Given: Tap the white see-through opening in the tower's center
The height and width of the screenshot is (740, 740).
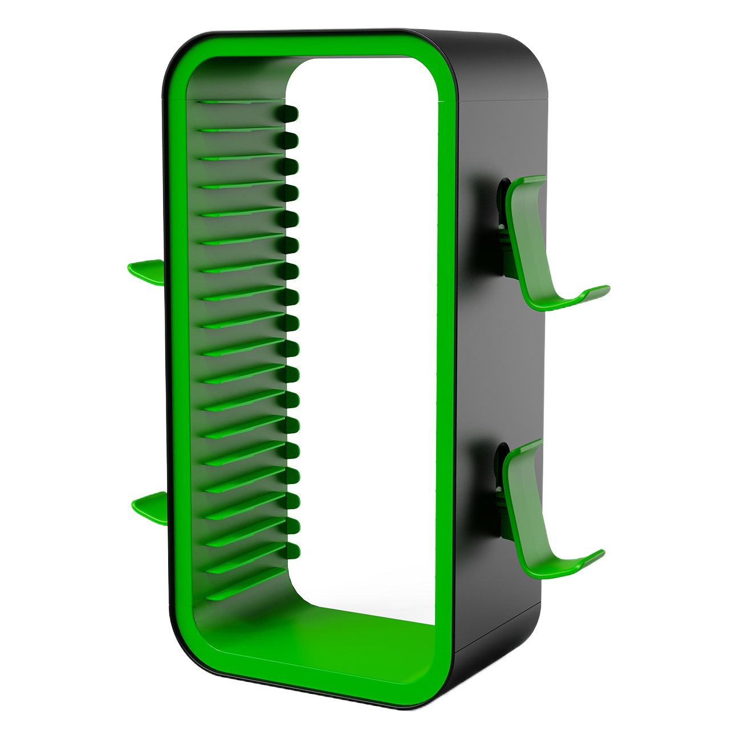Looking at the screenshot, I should [365, 342].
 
